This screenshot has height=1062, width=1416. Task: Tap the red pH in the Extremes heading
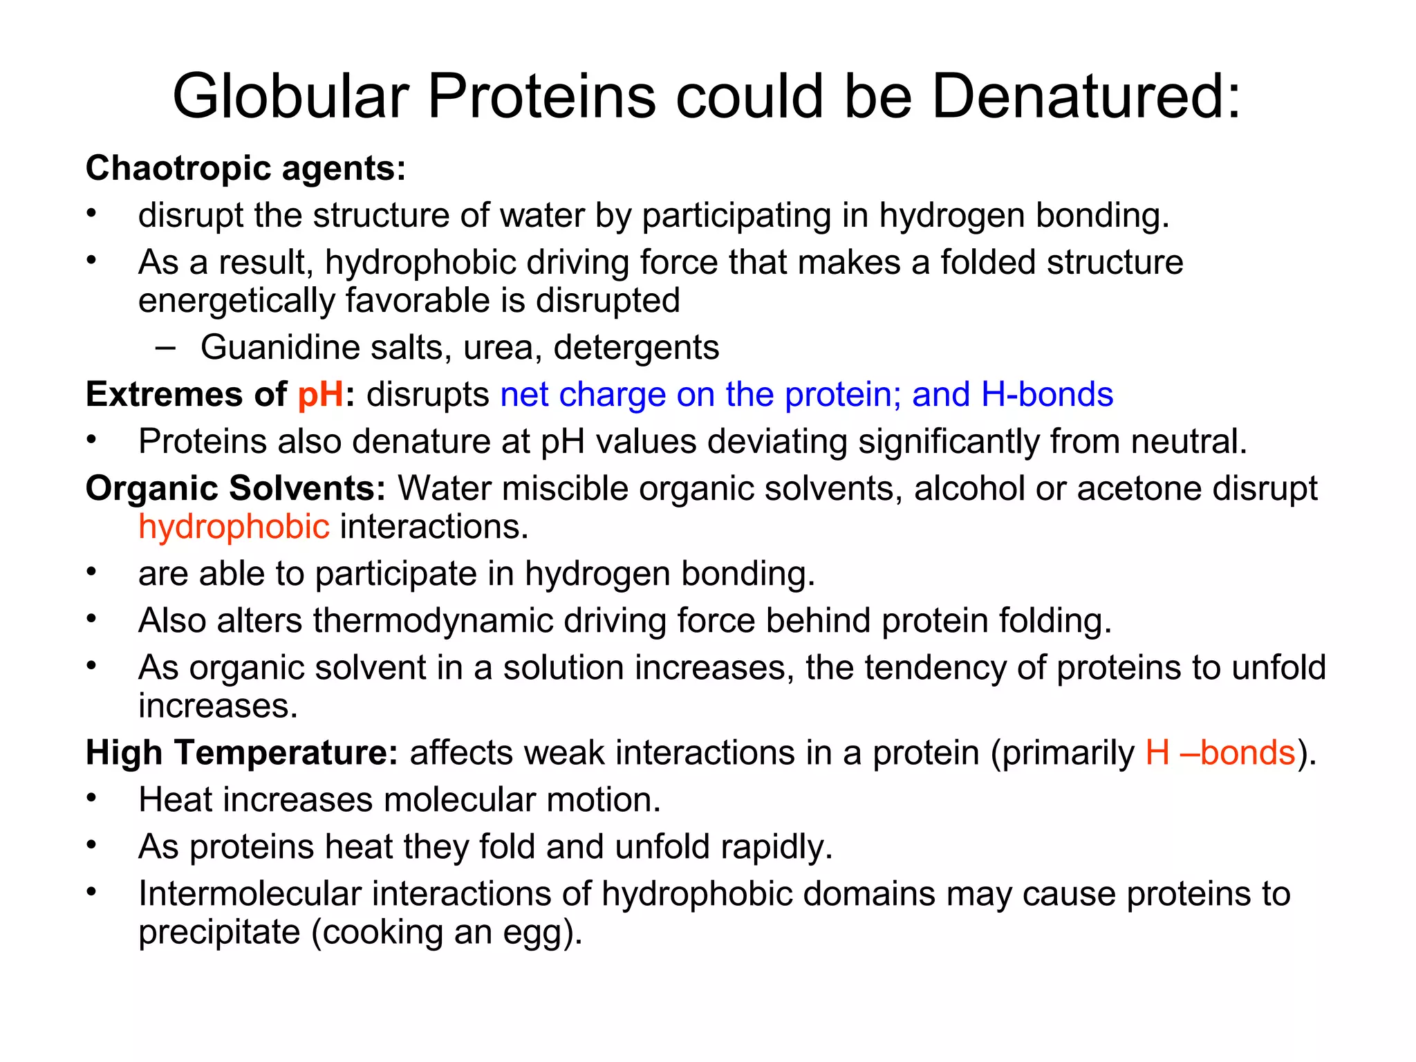pyautogui.click(x=321, y=395)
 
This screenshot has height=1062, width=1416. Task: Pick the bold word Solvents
pyautogui.click(x=307, y=488)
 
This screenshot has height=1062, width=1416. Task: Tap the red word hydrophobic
pyautogui.click(x=234, y=527)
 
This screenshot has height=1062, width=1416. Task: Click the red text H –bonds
pyautogui.click(x=1220, y=752)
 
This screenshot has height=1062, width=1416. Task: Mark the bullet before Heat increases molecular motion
pyautogui.click(x=91, y=799)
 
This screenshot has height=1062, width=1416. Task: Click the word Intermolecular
pyautogui.click(x=250, y=893)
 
